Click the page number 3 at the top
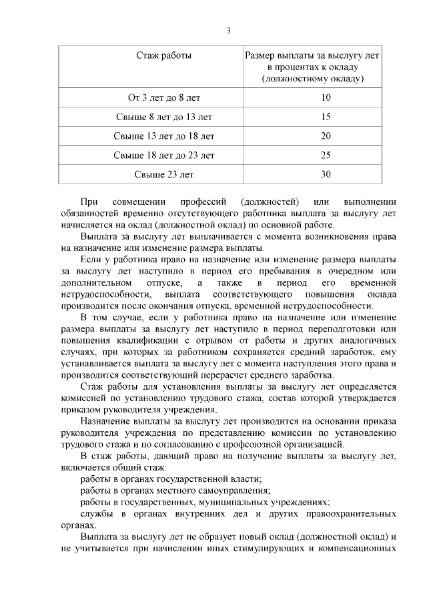(229, 31)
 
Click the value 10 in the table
(326, 98)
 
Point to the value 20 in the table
(326, 136)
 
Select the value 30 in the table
(326, 175)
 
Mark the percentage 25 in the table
(326, 156)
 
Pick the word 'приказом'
(80, 409)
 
